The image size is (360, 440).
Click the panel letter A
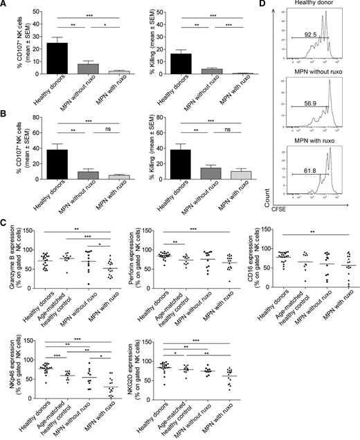6,6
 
